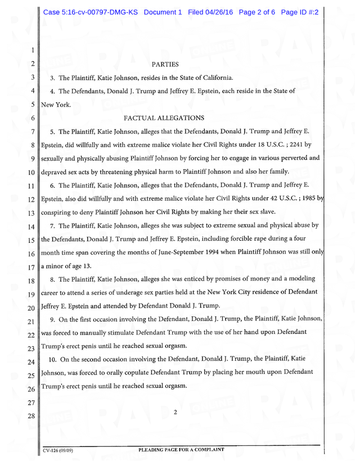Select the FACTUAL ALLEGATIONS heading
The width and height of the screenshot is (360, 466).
(x=164, y=118)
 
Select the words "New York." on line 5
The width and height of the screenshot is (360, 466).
(x=55, y=105)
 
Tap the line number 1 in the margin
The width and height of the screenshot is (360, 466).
(x=34, y=51)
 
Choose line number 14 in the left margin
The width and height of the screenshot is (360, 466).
(x=32, y=227)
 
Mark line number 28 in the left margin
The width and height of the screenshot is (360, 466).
(x=32, y=417)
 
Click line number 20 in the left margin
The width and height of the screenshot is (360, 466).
(x=32, y=308)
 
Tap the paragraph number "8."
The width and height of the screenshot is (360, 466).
(x=53, y=279)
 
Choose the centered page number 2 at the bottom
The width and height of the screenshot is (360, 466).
(x=175, y=413)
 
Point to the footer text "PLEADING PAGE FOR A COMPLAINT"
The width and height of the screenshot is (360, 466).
(x=181, y=450)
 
